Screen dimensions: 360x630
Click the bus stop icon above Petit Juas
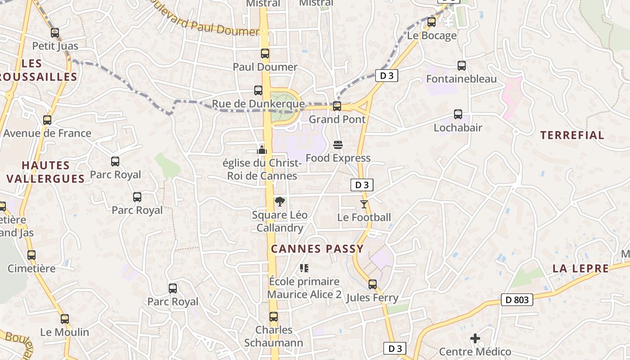pyautogui.click(x=55, y=33)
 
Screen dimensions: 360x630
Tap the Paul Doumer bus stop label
pyautogui.click(x=265, y=67)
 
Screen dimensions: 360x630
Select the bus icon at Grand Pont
pyautogui.click(x=337, y=106)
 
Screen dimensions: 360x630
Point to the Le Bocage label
pyautogui.click(x=432, y=36)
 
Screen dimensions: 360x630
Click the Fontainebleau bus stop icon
pyautogui.click(x=461, y=66)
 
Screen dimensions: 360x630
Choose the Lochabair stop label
pyautogui.click(x=458, y=128)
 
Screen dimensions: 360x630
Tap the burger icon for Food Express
pyautogui.click(x=338, y=145)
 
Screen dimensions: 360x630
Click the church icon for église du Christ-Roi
pyautogui.click(x=262, y=150)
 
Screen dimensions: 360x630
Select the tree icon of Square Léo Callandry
pyautogui.click(x=279, y=202)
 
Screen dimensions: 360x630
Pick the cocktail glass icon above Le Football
pyautogui.click(x=364, y=204)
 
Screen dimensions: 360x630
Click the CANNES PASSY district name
pyautogui.click(x=317, y=249)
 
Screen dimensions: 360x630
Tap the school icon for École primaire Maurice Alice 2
pyautogui.click(x=304, y=268)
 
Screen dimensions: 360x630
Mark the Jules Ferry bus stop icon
pyautogui.click(x=372, y=284)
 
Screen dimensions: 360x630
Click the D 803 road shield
pyautogui.click(x=517, y=299)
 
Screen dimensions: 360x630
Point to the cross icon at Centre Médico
pyautogui.click(x=475, y=338)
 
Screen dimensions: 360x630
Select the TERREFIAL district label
pyautogui.click(x=572, y=135)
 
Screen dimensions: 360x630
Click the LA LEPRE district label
pyautogui.click(x=580, y=269)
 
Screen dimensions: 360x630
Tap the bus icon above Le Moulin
pyautogui.click(x=65, y=319)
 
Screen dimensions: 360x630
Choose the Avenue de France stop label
pyautogui.click(x=47, y=133)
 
